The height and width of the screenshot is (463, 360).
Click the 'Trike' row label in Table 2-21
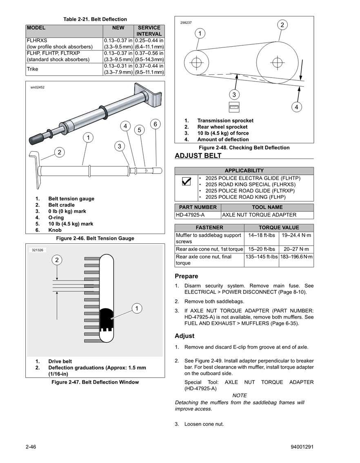(33, 69)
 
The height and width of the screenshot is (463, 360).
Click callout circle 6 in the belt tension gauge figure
(155, 124)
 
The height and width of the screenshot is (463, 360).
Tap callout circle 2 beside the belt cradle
(59, 152)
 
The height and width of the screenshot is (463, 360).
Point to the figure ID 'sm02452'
(37, 87)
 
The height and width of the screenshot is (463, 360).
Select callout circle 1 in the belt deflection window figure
(137, 308)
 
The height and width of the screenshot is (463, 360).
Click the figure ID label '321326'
(38, 249)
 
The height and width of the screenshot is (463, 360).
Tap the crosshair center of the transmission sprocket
(197, 63)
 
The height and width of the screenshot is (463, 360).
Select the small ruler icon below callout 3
(234, 107)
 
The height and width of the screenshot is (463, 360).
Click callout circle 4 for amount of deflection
(297, 107)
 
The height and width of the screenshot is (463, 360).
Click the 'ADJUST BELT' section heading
(198, 156)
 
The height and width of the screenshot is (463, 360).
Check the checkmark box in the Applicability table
(186, 183)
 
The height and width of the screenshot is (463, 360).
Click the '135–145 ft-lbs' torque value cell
(262, 257)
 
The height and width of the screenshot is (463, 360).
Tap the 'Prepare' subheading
(186, 276)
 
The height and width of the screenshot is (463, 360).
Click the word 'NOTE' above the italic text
(239, 395)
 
